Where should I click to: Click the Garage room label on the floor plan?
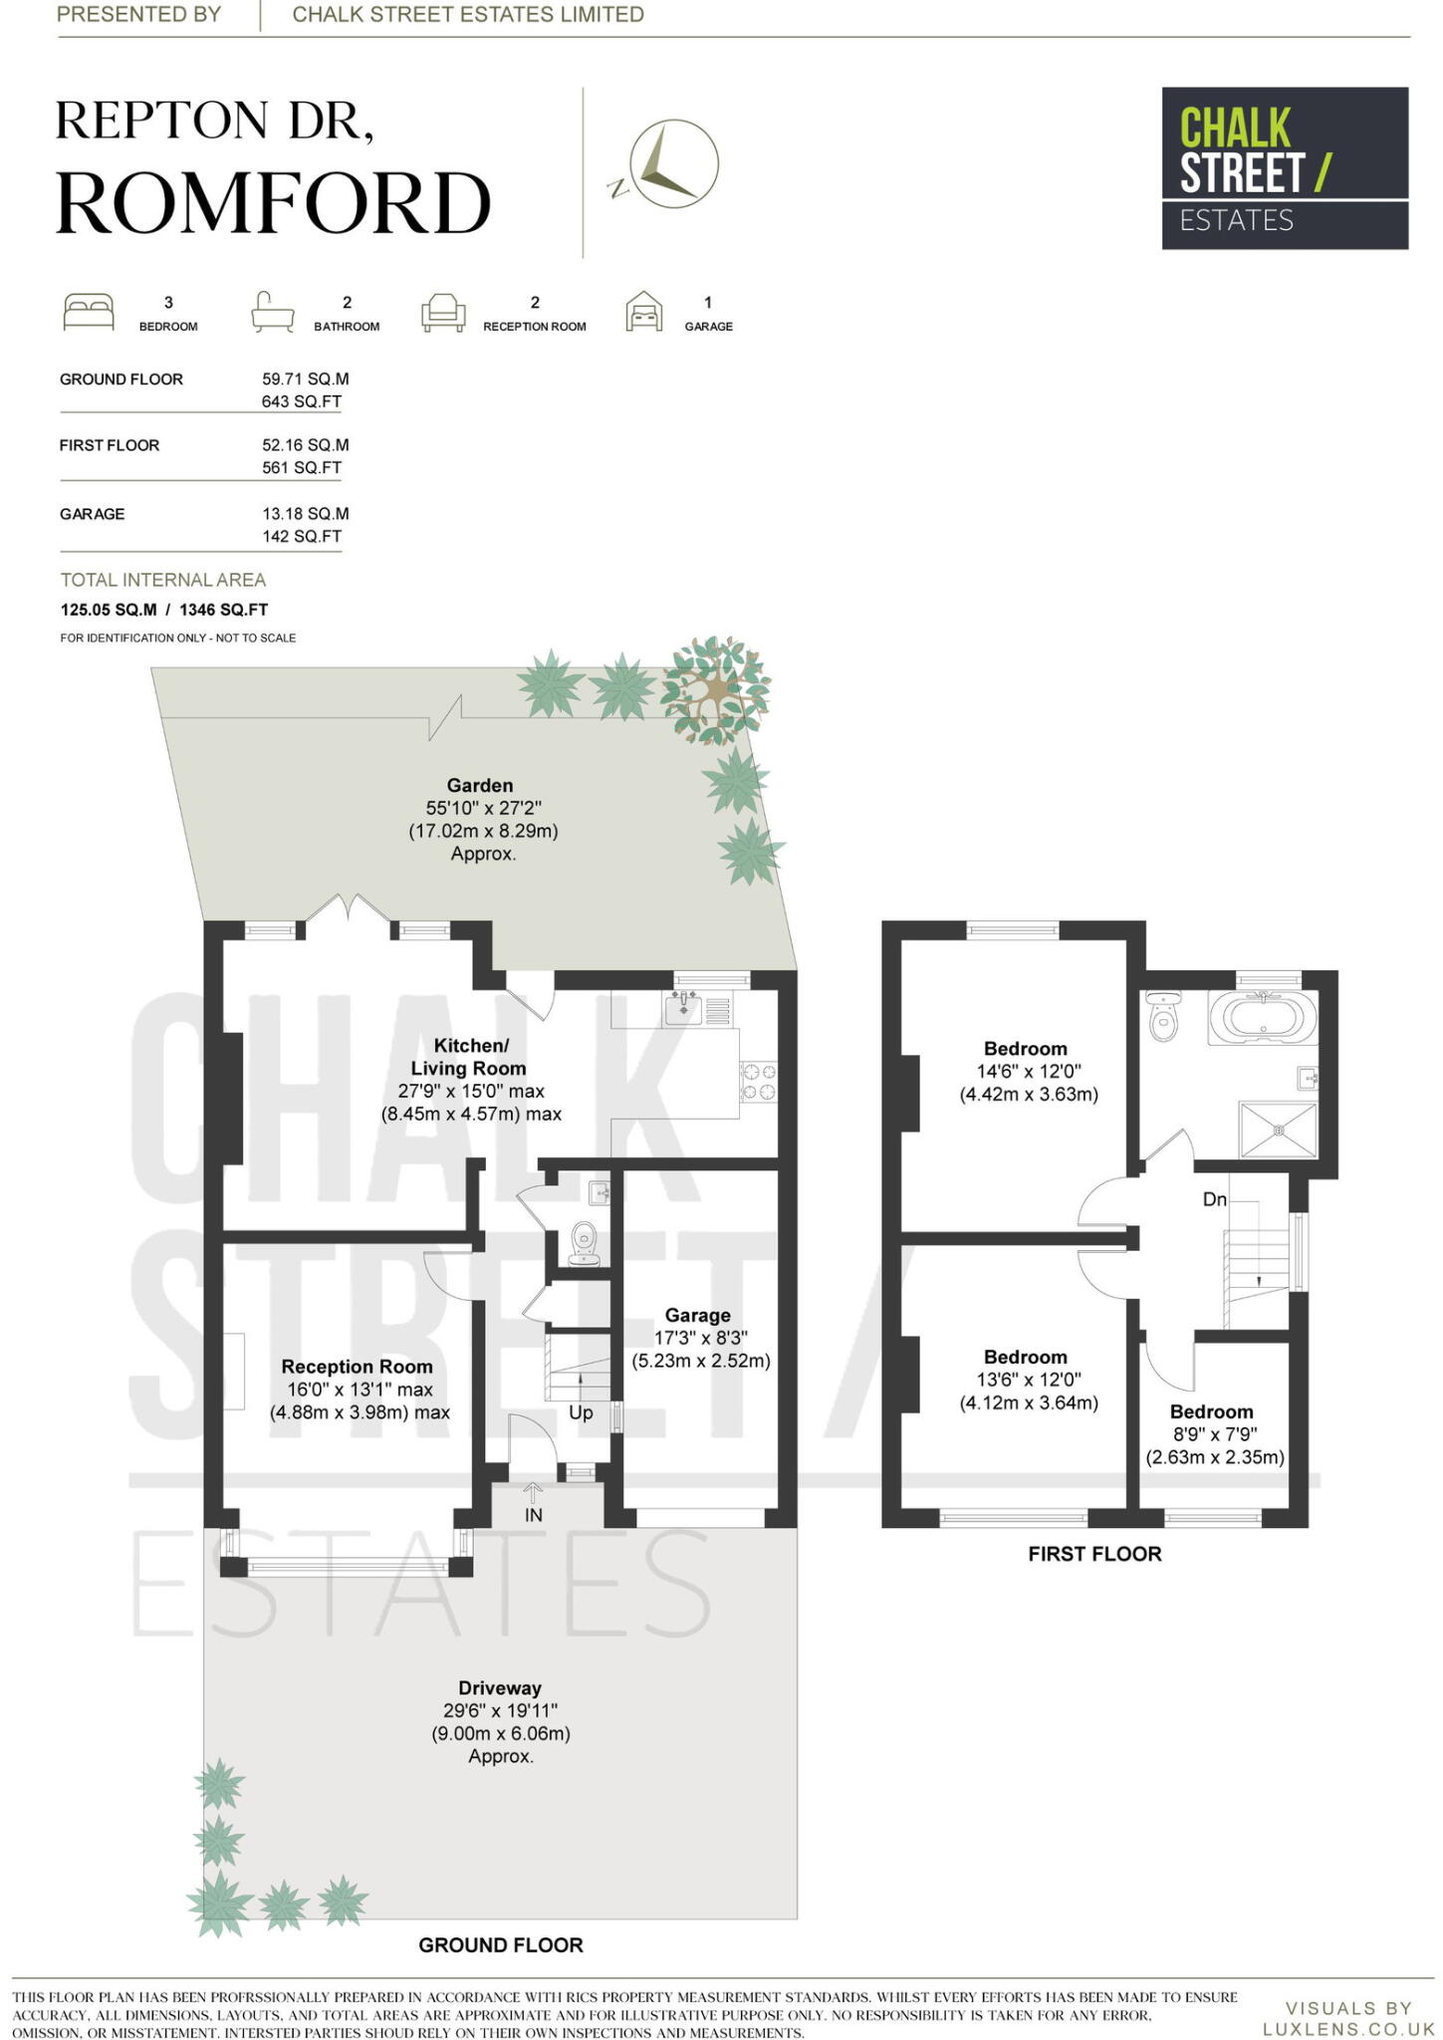tap(697, 1315)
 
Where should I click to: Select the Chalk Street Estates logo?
tap(1285, 168)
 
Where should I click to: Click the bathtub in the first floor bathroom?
tap(1262, 1017)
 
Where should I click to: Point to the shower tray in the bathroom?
tap(1278, 1129)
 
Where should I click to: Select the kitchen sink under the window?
tap(682, 1008)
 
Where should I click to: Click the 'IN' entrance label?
tap(534, 1515)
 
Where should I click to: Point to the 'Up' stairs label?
tap(581, 1412)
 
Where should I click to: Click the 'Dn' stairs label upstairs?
tap(1215, 1199)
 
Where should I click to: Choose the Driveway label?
tap(500, 1687)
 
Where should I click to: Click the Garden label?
tap(480, 785)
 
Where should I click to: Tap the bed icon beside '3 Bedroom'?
tap(89, 312)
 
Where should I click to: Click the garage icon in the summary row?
tap(644, 311)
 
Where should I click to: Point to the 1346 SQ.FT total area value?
tap(224, 610)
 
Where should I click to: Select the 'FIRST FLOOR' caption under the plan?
tap(1094, 1554)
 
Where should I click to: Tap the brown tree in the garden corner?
tap(716, 690)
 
